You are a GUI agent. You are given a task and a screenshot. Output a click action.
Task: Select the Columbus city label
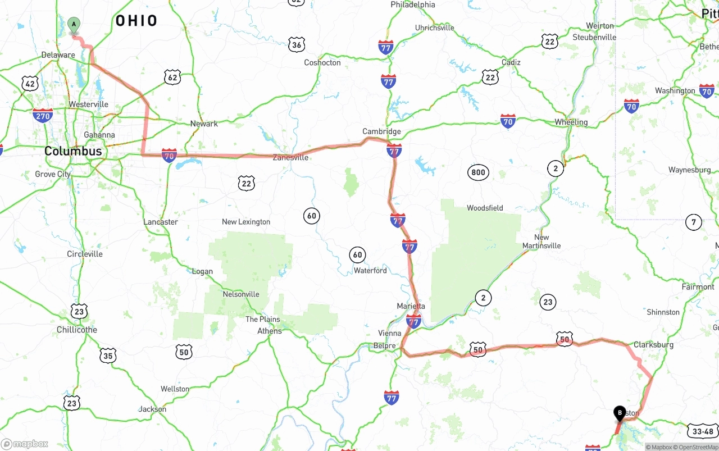click(x=73, y=151)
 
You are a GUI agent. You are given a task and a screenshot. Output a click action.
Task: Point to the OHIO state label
click(x=136, y=21)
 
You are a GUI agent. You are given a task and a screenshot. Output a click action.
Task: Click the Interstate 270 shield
click(x=43, y=116)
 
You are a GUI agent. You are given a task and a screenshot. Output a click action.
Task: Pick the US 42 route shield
click(x=30, y=84)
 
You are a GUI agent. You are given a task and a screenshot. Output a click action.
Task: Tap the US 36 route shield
click(x=297, y=45)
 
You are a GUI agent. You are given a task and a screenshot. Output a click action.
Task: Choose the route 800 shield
click(x=478, y=172)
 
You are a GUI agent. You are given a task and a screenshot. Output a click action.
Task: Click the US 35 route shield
click(x=108, y=356)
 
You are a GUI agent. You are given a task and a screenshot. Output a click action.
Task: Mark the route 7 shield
click(x=694, y=222)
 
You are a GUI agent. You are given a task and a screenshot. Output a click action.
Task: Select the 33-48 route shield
click(x=703, y=431)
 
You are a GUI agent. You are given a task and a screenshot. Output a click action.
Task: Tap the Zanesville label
click(x=290, y=158)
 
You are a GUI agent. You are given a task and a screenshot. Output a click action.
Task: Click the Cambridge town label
click(x=381, y=131)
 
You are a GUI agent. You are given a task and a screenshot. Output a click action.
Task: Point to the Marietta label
click(x=411, y=306)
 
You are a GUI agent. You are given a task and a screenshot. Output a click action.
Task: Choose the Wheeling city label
click(x=571, y=122)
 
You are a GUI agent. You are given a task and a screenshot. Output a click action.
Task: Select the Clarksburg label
click(x=653, y=344)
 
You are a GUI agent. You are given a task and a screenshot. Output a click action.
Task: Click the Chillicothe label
click(x=77, y=330)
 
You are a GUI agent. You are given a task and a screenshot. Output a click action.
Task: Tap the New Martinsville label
click(x=541, y=242)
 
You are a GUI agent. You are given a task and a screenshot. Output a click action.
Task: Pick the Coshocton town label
click(x=322, y=62)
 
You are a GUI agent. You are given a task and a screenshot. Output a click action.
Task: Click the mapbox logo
click(x=25, y=444)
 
